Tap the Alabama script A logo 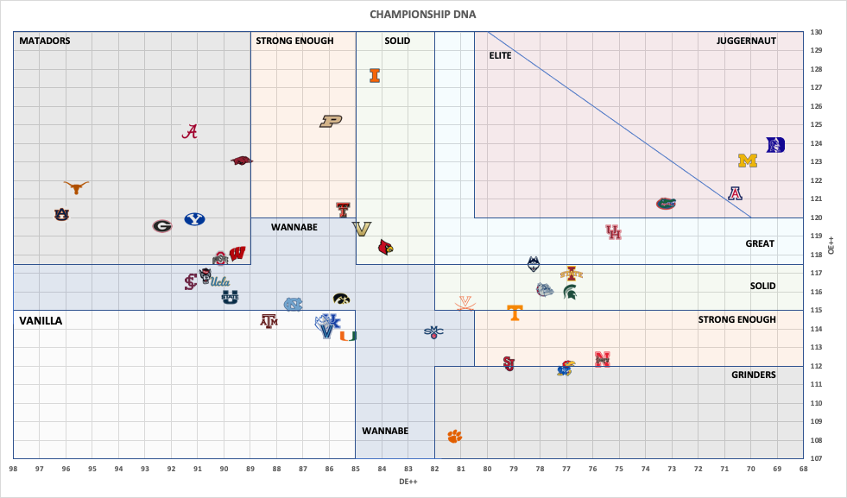coord(191,131)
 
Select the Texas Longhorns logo coord(77,186)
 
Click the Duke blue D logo coord(776,145)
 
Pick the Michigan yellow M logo coord(748,161)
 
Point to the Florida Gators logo coord(665,204)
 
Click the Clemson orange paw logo coord(454,436)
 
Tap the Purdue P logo coord(331,122)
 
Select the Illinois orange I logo coord(375,75)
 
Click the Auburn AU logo coord(60,213)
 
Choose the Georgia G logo coord(162,226)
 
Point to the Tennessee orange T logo coord(515,312)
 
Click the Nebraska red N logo coord(603,359)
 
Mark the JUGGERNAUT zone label coord(746,41)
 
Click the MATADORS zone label coord(45,41)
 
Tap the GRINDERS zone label coord(754,375)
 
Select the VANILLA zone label coord(41,320)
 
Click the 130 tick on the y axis coord(816,33)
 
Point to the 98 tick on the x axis coord(14,469)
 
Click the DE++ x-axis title coord(408,480)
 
